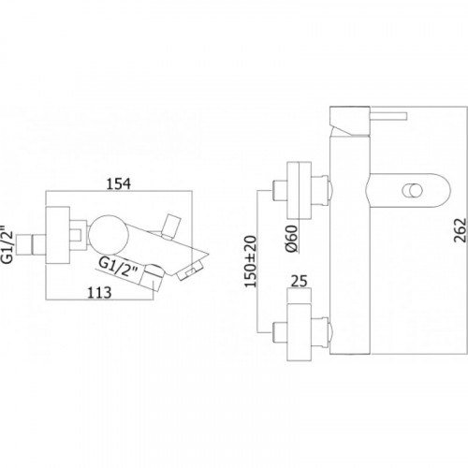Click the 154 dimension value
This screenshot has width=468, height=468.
pos(119,183)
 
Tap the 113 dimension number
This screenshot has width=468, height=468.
pos(99,293)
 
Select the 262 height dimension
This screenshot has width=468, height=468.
pos(461,230)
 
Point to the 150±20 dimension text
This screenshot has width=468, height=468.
pos(251,261)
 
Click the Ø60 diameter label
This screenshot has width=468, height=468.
pos(292,239)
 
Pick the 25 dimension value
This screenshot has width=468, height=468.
pos(300,281)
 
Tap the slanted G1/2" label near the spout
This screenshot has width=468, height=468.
pos(119,267)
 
